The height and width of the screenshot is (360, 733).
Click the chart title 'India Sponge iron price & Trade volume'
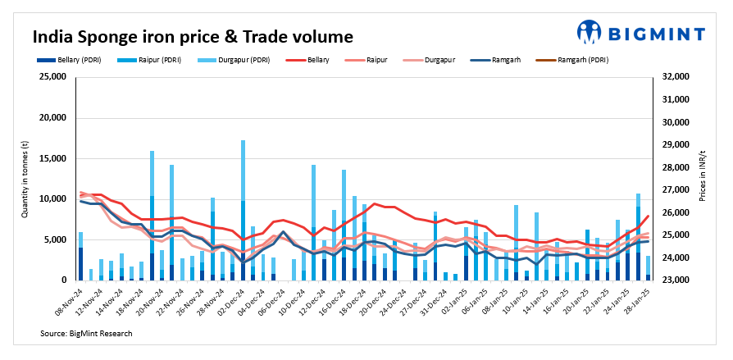pyautogui.click(x=193, y=37)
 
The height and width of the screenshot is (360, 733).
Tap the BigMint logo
pyautogui.click(x=640, y=32)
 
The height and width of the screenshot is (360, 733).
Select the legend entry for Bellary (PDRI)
pyautogui.click(x=70, y=60)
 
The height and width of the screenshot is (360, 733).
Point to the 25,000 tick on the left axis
pyautogui.click(x=52, y=77)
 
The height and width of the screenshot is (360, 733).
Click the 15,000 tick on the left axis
pyautogui.click(x=52, y=158)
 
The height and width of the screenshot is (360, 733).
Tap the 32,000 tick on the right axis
pyautogui.click(x=676, y=77)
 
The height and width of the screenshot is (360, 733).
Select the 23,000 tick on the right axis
pyautogui.click(x=676, y=280)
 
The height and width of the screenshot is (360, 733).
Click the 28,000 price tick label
pyautogui.click(x=676, y=167)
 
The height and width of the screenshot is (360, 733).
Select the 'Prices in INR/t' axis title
pyautogui.click(x=703, y=179)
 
